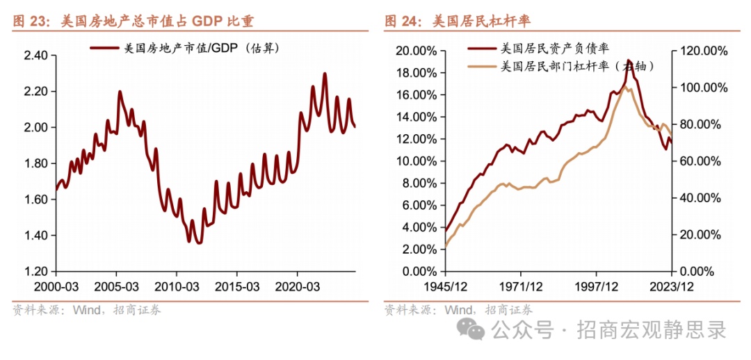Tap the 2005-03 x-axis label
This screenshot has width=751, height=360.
click(x=118, y=286)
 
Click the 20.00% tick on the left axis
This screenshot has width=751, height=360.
click(x=416, y=51)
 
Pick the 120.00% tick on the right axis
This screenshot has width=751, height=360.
click(x=703, y=51)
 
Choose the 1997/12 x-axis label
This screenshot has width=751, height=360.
click(x=595, y=286)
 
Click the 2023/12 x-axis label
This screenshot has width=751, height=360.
click(x=671, y=286)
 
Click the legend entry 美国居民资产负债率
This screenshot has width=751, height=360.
click(x=554, y=49)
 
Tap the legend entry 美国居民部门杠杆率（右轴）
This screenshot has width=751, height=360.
click(x=577, y=66)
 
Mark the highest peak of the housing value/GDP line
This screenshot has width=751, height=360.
click(x=325, y=74)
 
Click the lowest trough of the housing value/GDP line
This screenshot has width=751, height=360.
click(x=198, y=243)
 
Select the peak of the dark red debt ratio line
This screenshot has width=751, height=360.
click(x=628, y=60)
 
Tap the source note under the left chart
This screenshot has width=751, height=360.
click(x=87, y=310)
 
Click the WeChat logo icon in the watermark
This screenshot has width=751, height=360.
click(x=476, y=329)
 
